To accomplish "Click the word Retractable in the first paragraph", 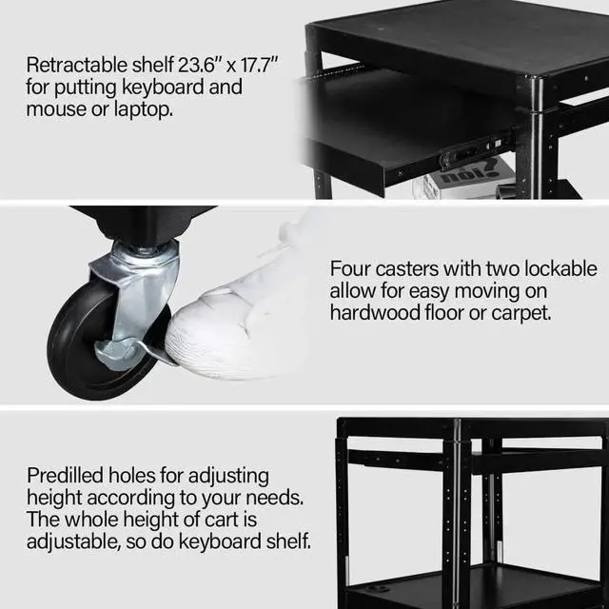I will click(x=74, y=66).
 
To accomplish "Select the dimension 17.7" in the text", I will click(x=254, y=66).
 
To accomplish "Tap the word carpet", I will click(x=520, y=312).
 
